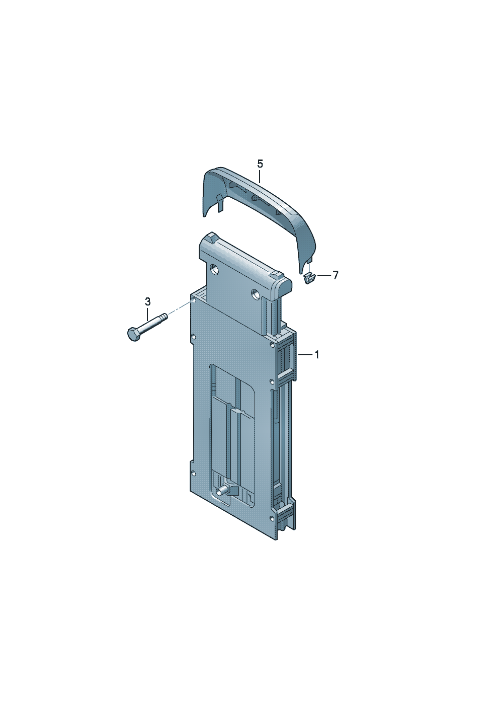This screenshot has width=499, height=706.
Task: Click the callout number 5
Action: pyautogui.click(x=260, y=164)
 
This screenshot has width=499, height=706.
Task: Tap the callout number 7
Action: pyautogui.click(x=336, y=275)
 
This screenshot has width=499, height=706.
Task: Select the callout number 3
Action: pyautogui.click(x=148, y=301)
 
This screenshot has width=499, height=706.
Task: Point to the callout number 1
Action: pyautogui.click(x=317, y=355)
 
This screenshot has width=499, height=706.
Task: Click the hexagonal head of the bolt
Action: pyautogui.click(x=133, y=334)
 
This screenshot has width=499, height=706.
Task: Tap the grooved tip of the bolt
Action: pyautogui.click(x=164, y=316)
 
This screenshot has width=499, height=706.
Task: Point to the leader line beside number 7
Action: pyautogui.click(x=324, y=275)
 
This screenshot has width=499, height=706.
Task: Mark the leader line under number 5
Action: pyautogui.click(x=260, y=176)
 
